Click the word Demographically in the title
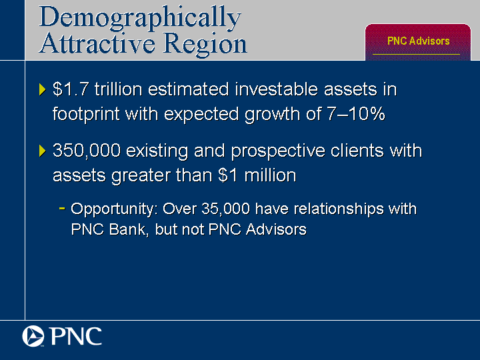[140, 18]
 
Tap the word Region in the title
[205, 45]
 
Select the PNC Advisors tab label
[418, 41]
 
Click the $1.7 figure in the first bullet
[71, 89]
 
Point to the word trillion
[119, 89]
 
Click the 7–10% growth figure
[356, 113]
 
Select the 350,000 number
[87, 151]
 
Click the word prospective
[278, 151]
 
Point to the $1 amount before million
[228, 175]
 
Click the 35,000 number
[226, 209]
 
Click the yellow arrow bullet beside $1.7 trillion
[43, 89]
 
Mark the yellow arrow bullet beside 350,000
[43, 151]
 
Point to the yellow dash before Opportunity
[62, 209]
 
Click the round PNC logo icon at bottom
[33, 336]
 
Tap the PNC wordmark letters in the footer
[76, 336]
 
